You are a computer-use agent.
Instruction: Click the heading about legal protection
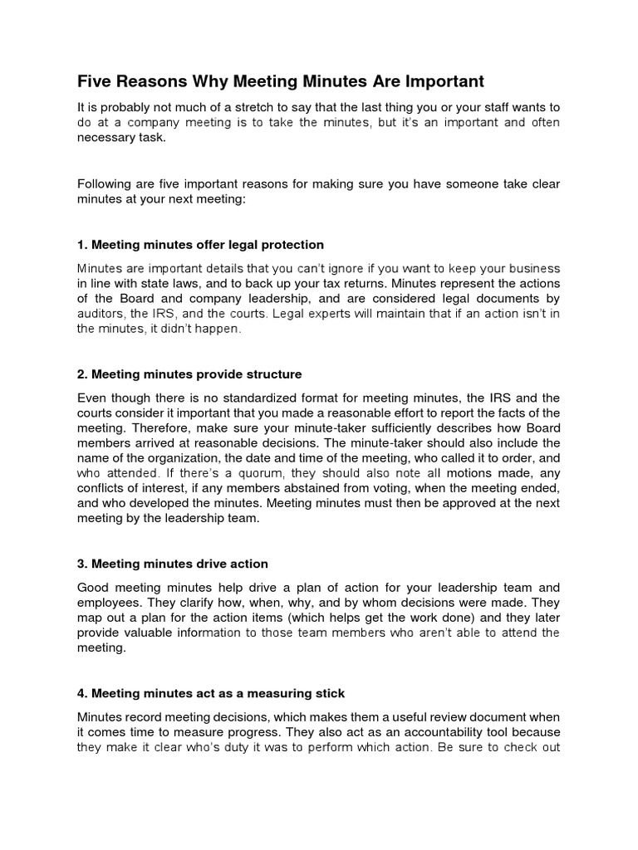[x=200, y=245]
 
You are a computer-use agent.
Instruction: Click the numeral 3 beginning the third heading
[x=81, y=564]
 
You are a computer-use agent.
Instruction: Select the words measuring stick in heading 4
[x=290, y=693]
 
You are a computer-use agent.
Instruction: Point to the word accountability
[x=417, y=731]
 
